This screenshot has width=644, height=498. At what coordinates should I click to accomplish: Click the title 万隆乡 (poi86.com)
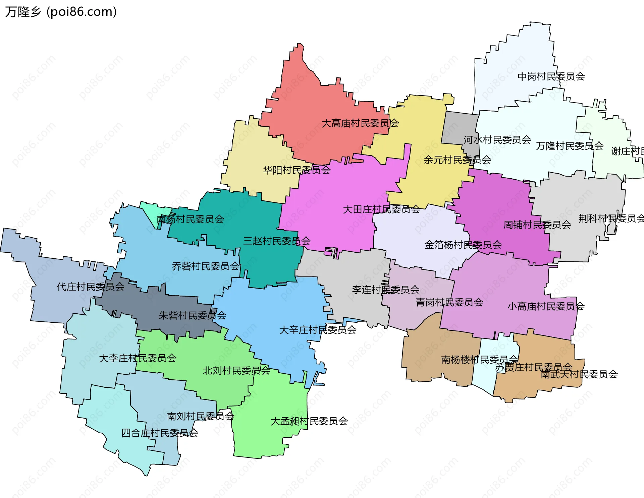(x=61, y=12)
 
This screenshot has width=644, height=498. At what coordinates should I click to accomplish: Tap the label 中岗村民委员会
(x=551, y=77)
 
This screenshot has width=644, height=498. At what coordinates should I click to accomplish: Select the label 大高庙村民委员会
(x=360, y=123)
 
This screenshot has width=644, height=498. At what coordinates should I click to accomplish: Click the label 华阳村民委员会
(x=297, y=170)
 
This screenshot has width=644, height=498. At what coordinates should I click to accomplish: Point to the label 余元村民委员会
(x=457, y=160)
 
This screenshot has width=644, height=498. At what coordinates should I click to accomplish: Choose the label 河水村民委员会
(x=497, y=140)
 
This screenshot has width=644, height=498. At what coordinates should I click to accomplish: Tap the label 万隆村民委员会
(x=570, y=146)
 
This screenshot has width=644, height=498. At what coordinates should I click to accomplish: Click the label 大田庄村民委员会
(x=381, y=209)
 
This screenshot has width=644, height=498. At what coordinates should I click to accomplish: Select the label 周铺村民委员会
(x=537, y=225)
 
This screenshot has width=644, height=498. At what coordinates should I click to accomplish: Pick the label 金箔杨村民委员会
(x=463, y=245)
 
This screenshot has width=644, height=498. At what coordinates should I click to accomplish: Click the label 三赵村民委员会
(x=277, y=241)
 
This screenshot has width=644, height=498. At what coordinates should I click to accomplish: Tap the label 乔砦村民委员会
(x=205, y=266)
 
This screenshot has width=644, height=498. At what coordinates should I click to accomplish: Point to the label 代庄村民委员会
(x=91, y=287)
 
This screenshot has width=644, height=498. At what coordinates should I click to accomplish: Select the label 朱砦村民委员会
(x=192, y=315)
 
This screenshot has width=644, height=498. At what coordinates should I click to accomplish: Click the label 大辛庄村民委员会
(x=318, y=330)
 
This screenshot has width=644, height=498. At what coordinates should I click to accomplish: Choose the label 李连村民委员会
(x=385, y=290)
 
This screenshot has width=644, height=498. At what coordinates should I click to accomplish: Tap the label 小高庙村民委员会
(x=546, y=306)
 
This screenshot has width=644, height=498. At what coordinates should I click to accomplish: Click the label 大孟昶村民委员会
(x=309, y=421)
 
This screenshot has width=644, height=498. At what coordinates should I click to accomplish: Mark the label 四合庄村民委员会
(x=160, y=433)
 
